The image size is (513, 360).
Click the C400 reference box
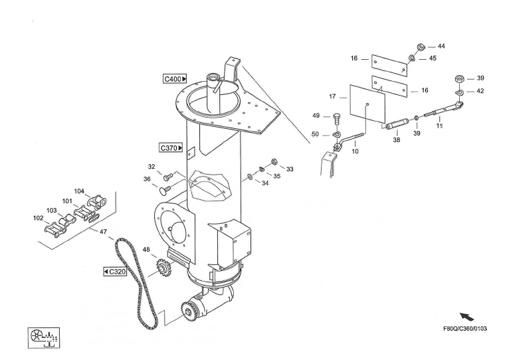pos(175,79)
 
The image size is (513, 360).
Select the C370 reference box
pos(171,148)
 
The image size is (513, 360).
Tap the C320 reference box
pos(115,272)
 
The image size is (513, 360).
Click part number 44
pos(441,46)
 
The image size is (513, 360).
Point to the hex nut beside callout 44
pos(421,47)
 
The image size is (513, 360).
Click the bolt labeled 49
pos(336,118)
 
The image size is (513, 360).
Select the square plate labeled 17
pos(367,104)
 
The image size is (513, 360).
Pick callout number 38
pos(397,140)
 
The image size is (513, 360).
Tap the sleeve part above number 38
pos(395,124)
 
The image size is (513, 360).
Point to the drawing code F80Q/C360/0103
pos(465,329)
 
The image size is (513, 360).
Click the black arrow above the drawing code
pos(467,317)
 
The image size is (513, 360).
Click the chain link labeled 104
pos(97,202)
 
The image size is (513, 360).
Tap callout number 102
pos(39,218)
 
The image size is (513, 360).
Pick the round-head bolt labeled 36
pos(165,190)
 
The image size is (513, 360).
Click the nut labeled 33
pos(274,161)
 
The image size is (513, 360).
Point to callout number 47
pos(103,232)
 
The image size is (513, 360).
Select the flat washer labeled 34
pos(249,177)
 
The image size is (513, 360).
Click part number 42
pos(480,91)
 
